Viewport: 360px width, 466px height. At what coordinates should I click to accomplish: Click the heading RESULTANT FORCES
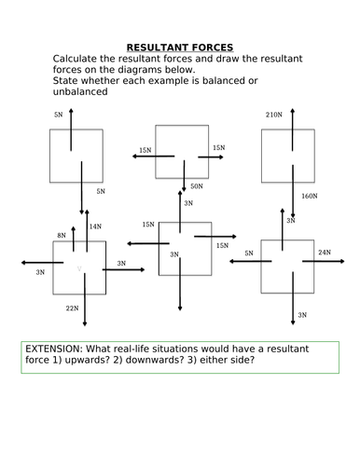[180, 46]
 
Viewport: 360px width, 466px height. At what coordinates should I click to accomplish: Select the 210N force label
[273, 116]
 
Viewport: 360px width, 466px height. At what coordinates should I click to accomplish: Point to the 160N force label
[311, 197]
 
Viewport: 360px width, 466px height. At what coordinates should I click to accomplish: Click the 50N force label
[196, 186]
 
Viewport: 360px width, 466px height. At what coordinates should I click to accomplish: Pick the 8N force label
[62, 236]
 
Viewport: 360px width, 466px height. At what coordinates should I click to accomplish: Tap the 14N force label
[95, 226]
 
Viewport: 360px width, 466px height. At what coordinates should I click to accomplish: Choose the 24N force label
[324, 253]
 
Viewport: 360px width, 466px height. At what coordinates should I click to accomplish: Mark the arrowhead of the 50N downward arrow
[185, 190]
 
